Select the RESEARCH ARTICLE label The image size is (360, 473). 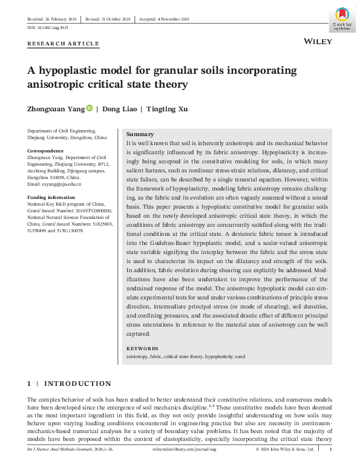pos(64,44)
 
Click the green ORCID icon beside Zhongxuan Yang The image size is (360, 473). pos(90,108)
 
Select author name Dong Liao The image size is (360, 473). pos(118,109)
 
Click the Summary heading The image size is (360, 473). pos(140,134)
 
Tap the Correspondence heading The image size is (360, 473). pos(45,151)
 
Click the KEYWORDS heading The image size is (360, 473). pos(142,348)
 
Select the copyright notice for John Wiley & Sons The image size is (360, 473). pos(284,449)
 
